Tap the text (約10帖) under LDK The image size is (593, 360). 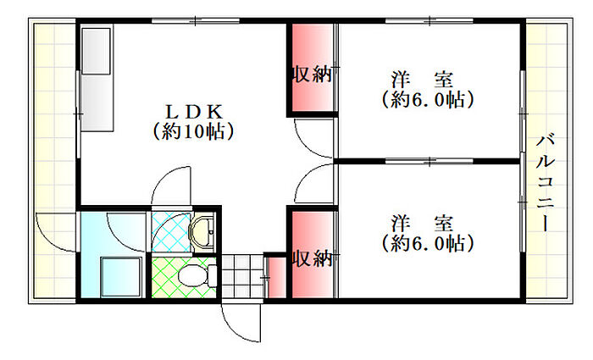(x=194, y=132)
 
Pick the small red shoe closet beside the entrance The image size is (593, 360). (x=275, y=277)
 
